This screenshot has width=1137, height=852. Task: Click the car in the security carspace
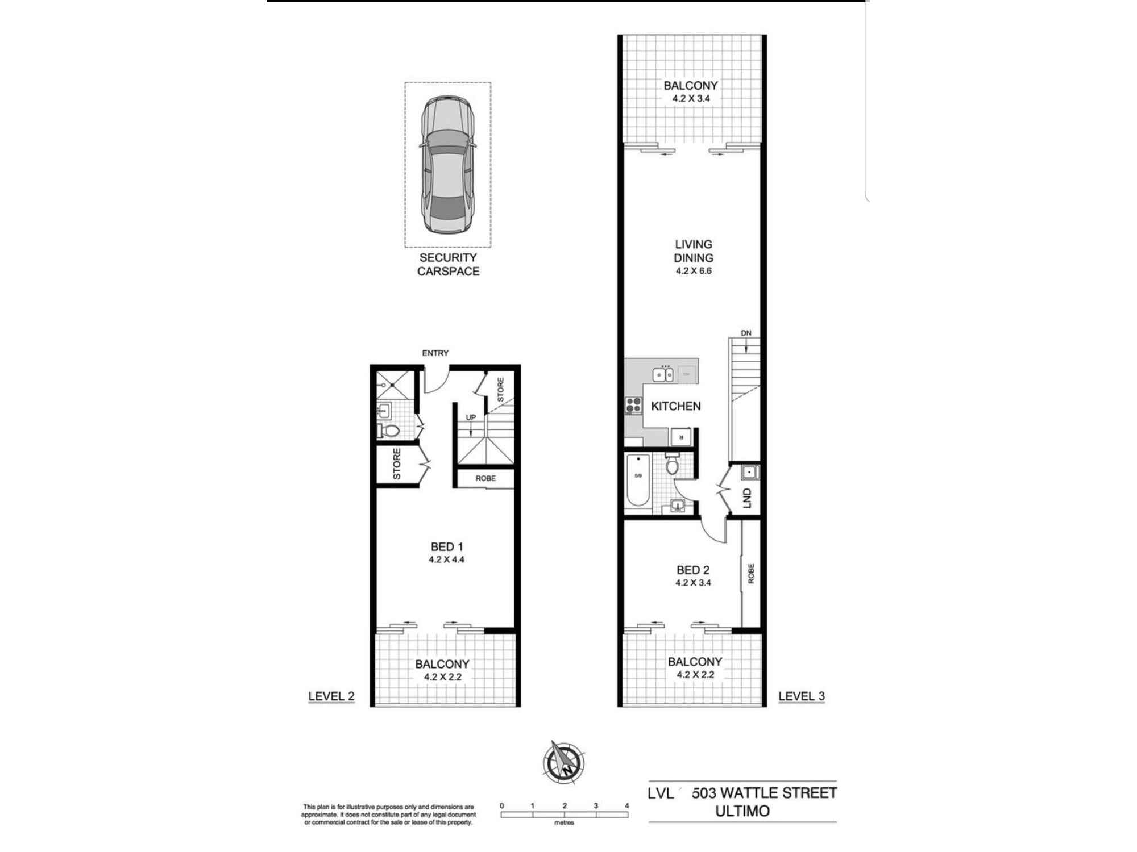(447, 165)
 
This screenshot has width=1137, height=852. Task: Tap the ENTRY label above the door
(435, 353)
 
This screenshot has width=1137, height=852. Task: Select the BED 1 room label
(446, 546)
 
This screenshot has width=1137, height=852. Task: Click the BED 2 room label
(693, 570)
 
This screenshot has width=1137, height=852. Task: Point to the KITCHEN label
(675, 406)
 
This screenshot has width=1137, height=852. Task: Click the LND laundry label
(747, 498)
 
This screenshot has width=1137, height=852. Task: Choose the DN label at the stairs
(746, 333)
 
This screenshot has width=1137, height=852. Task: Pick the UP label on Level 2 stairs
(471, 417)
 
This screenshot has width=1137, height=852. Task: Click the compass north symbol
(564, 762)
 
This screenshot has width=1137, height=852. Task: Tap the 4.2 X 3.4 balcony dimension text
(691, 98)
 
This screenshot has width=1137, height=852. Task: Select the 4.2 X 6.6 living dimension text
(693, 271)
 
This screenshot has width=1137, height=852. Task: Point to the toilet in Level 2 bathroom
(390, 431)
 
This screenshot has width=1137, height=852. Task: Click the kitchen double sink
(662, 374)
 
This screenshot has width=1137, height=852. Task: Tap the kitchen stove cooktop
(633, 405)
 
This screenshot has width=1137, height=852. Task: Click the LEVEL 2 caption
(331, 696)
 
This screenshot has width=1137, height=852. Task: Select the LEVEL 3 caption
(801, 696)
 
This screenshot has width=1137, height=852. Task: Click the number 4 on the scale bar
(627, 805)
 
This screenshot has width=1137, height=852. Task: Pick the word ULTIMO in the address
(742, 811)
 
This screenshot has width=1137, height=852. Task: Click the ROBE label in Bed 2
(750, 574)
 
